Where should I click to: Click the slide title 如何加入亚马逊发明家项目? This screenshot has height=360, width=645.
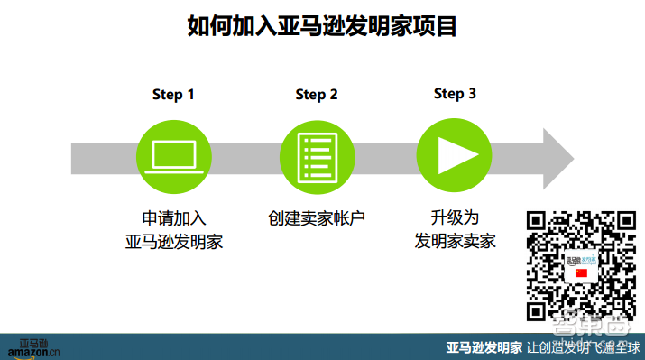pyautogui.click(x=322, y=26)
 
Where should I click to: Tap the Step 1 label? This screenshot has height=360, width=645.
pyautogui.click(x=173, y=95)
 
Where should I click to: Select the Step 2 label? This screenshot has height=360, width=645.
pyautogui.click(x=317, y=95)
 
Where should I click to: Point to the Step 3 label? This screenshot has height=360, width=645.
pyautogui.click(x=455, y=94)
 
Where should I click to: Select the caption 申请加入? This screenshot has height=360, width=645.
pyautogui.click(x=173, y=218)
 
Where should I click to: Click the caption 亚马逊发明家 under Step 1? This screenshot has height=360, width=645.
pyautogui.click(x=173, y=242)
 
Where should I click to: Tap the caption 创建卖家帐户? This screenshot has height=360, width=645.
pyautogui.click(x=316, y=218)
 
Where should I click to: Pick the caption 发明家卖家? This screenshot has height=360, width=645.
pyautogui.click(x=455, y=242)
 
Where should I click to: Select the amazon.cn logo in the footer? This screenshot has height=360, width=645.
pyautogui.click(x=33, y=347)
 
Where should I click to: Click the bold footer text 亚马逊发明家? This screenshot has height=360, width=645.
pyautogui.click(x=484, y=347)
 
